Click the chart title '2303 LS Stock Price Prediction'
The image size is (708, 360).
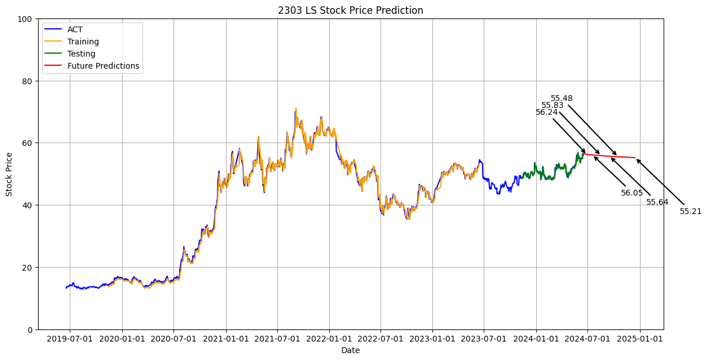(x=351, y=10)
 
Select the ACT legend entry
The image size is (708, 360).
(x=75, y=30)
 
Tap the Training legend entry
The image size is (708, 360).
(x=83, y=42)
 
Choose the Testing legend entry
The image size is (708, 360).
(x=81, y=54)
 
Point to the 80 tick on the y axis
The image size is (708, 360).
(x=28, y=81)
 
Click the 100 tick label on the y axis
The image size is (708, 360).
(x=25, y=19)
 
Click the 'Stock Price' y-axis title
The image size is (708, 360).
(x=9, y=174)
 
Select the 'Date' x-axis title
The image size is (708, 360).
(x=351, y=350)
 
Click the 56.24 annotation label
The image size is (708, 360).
(x=547, y=112)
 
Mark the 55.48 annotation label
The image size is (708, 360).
(x=562, y=99)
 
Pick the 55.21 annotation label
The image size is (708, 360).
(x=691, y=212)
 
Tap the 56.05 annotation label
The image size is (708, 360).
(x=632, y=193)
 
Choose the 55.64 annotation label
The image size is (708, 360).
(x=657, y=202)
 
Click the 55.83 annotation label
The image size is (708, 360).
(x=552, y=106)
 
